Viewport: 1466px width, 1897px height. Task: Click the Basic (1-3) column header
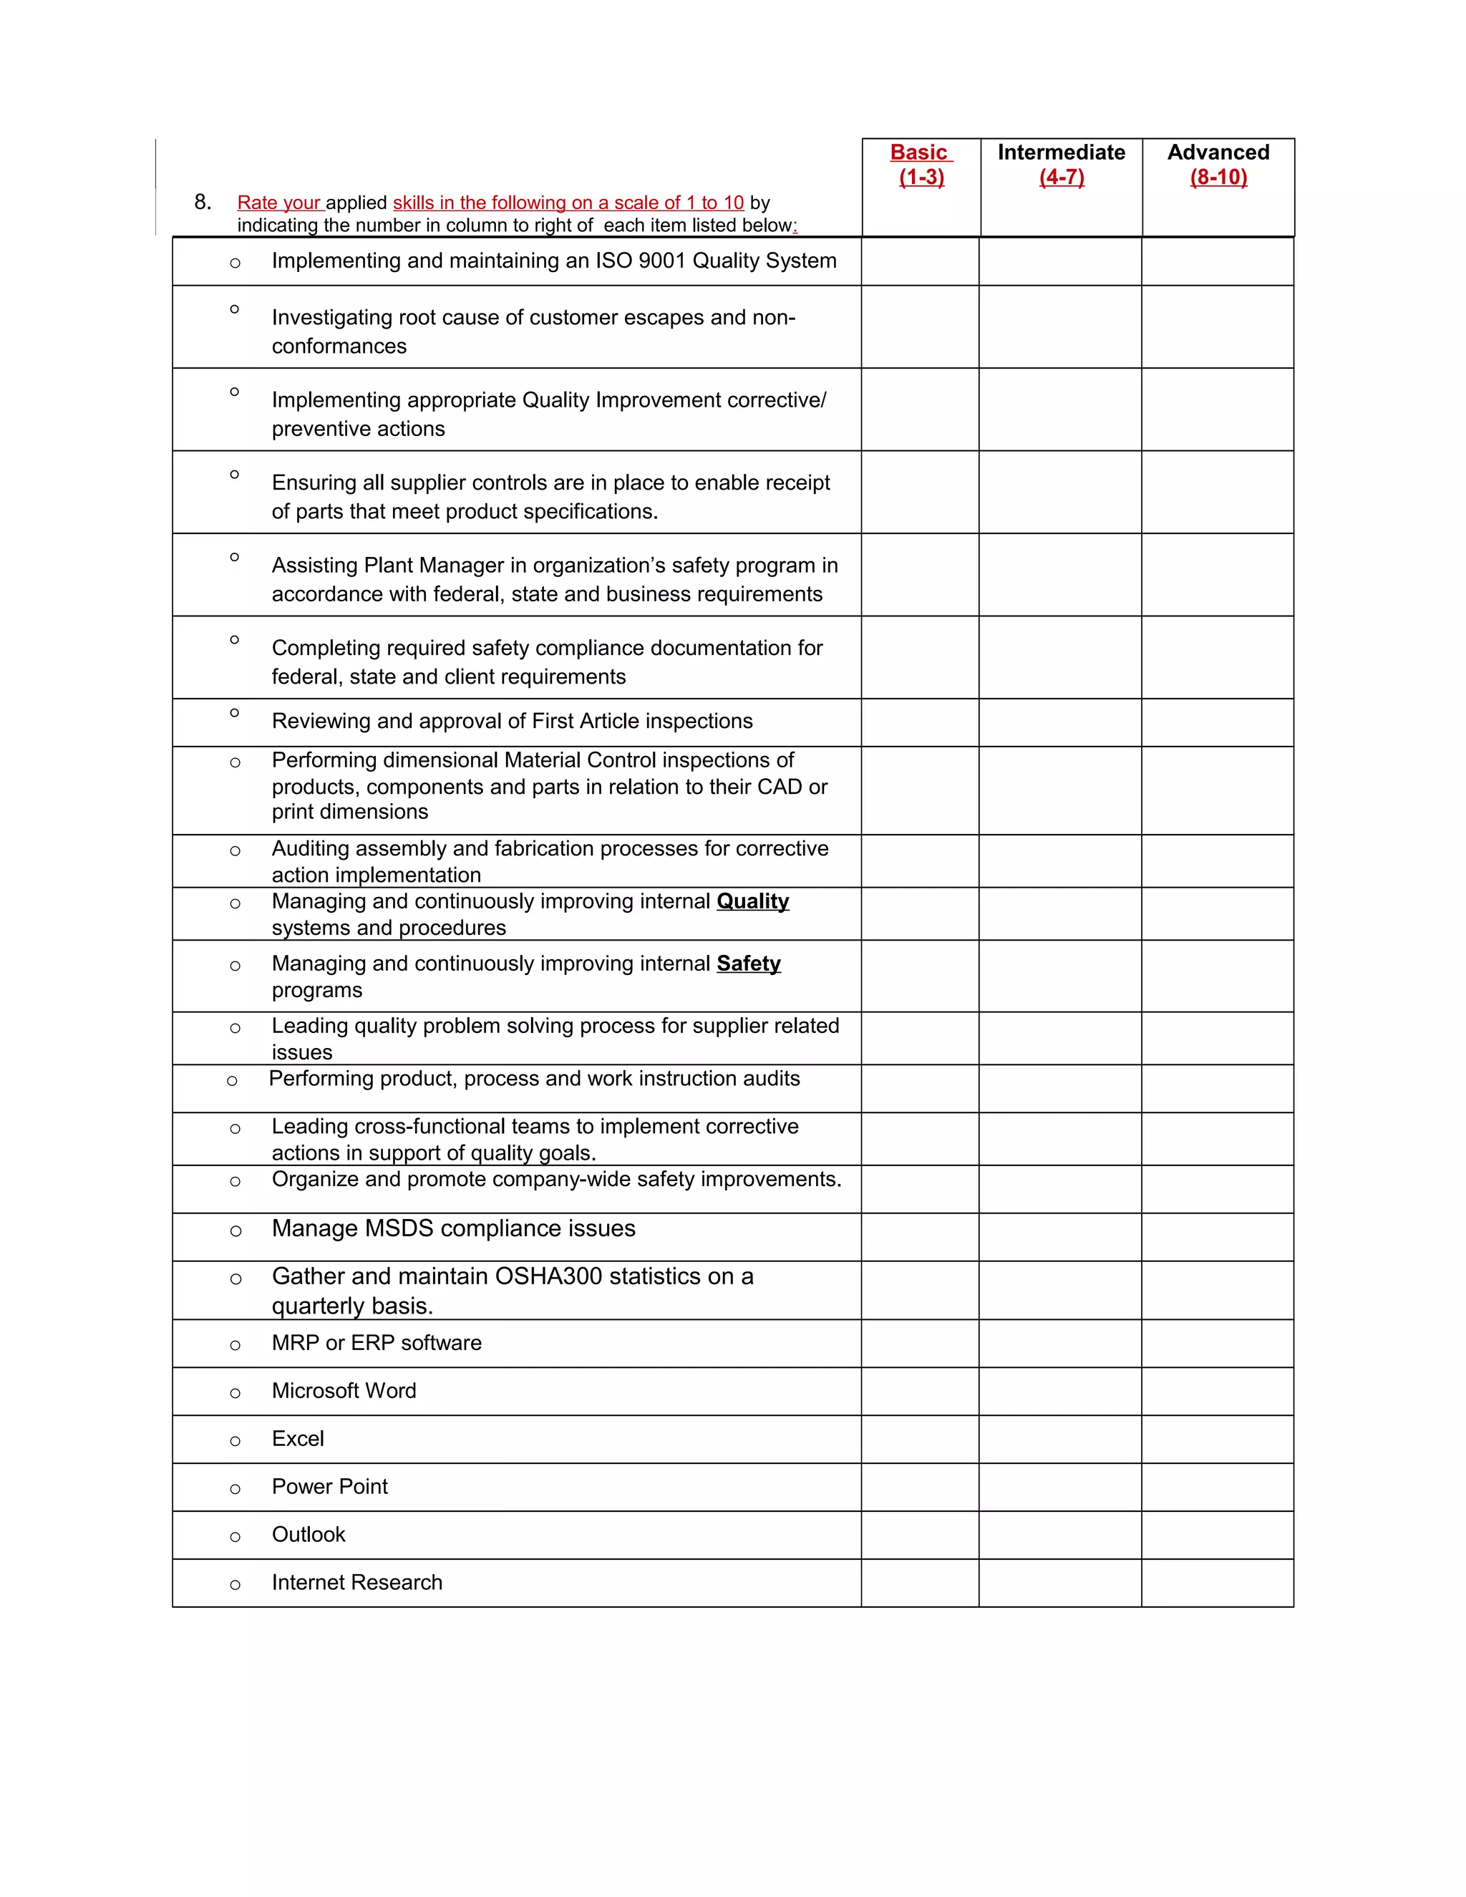[921, 165]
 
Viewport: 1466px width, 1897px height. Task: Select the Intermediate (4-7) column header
[1062, 165]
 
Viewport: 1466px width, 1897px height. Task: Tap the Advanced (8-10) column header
[1218, 165]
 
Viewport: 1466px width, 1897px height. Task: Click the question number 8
[203, 203]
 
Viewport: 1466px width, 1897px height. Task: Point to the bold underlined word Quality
[752, 901]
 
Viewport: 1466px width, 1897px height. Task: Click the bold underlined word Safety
[748, 964]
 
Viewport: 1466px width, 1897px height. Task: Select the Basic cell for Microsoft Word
[920, 1392]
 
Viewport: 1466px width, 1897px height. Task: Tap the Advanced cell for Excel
[1217, 1440]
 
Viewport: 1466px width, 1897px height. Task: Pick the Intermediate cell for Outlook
[1059, 1535]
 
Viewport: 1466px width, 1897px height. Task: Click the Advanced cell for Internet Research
[1217, 1583]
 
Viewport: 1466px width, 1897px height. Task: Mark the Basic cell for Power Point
[920, 1487]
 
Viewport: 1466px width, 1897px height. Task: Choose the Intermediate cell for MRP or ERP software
[1059, 1344]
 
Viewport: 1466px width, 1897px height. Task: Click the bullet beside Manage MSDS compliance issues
[236, 1231]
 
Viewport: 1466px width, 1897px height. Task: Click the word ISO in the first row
[613, 261]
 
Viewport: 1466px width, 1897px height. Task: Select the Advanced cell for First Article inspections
[1217, 723]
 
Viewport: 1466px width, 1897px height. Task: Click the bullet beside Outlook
[235, 1536]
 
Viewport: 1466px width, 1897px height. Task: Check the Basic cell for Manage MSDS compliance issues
[920, 1237]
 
